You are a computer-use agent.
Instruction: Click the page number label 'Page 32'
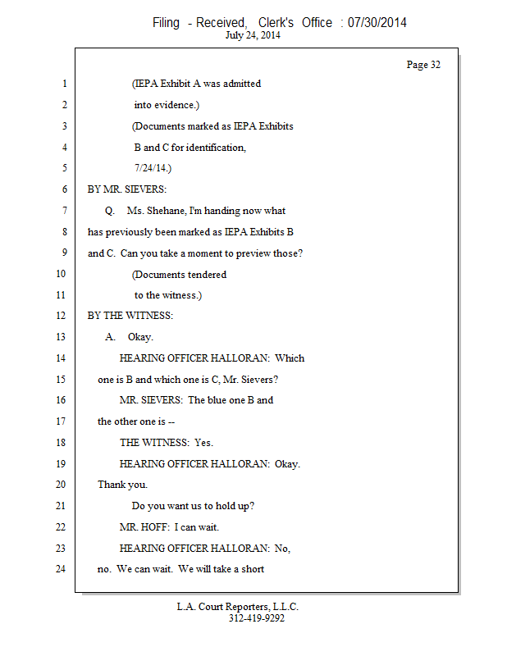(x=423, y=65)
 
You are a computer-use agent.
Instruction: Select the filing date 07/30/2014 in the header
(x=377, y=22)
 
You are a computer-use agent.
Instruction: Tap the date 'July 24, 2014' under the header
(x=253, y=35)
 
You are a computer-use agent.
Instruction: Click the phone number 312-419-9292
(x=257, y=618)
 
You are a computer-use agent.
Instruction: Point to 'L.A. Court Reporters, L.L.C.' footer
(x=237, y=607)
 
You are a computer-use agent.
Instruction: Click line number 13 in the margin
(x=61, y=337)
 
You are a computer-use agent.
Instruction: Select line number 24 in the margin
(x=61, y=569)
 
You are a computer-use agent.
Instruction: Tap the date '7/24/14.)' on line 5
(x=153, y=168)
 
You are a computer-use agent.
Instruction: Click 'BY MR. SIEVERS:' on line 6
(x=127, y=189)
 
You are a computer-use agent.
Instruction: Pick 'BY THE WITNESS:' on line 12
(x=130, y=316)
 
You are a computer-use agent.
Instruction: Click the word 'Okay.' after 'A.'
(x=140, y=337)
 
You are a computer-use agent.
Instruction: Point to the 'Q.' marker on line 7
(x=110, y=211)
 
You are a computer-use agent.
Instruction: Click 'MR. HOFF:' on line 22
(x=145, y=527)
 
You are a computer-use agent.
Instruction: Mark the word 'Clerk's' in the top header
(x=276, y=22)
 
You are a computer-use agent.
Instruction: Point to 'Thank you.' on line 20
(x=123, y=485)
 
